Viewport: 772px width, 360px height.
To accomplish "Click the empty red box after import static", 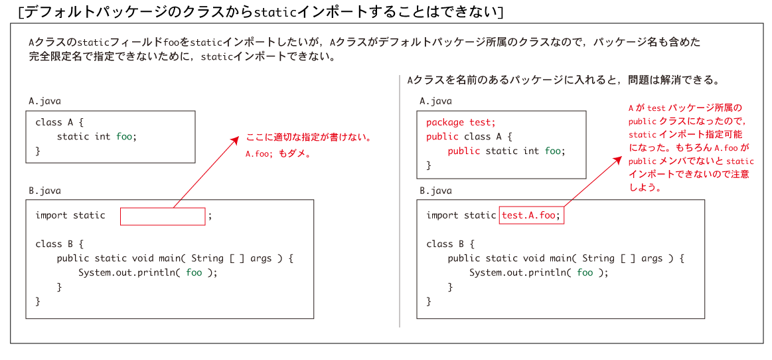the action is (x=163, y=217).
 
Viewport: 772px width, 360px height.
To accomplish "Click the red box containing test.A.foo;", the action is (x=531, y=215).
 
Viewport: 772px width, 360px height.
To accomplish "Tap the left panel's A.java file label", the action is (x=44, y=101).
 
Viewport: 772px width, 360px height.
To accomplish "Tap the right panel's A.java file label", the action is (x=435, y=101).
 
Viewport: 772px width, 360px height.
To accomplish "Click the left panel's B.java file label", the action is (x=44, y=191).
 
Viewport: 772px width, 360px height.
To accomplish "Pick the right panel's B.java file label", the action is (x=435, y=191).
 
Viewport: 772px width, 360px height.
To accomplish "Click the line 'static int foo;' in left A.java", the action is (x=96, y=136).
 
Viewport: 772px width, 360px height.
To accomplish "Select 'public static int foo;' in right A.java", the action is (x=506, y=151).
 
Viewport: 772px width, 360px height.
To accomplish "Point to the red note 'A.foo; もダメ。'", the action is (x=277, y=153).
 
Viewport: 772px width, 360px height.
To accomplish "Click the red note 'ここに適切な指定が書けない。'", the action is (x=308, y=138).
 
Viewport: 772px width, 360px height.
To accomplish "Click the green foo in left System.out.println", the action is (x=193, y=272).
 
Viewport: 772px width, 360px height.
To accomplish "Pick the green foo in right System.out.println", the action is (x=584, y=272).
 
